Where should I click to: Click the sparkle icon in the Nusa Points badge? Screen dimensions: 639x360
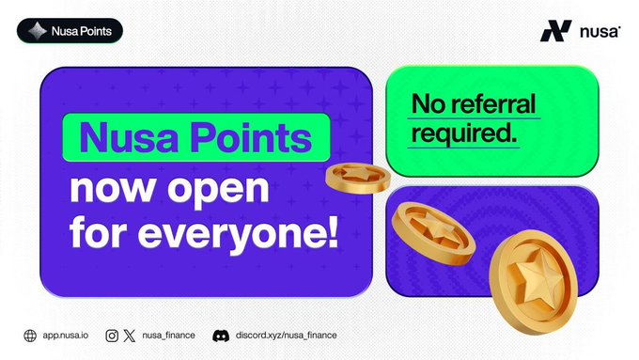coord(37,31)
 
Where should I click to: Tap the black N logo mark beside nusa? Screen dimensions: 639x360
coord(556,31)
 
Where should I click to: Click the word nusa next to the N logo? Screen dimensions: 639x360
coord(600,32)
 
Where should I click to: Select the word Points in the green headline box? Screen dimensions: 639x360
coord(251,138)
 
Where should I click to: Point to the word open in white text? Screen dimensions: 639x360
coord(218,190)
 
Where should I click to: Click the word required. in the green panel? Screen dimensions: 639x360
coord(464,133)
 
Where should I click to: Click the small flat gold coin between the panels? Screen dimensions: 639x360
coord(358,179)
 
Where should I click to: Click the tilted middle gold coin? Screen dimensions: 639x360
coord(433,233)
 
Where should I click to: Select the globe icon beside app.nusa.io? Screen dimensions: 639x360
coord(30,336)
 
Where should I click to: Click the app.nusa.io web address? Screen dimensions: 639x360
coord(66,336)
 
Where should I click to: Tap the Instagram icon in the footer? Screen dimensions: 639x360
coord(112,336)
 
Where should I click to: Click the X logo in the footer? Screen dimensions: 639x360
coord(130,336)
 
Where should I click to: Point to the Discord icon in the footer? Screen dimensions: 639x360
coord(221,336)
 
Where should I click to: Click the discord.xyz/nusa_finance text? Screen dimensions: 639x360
coord(286,336)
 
